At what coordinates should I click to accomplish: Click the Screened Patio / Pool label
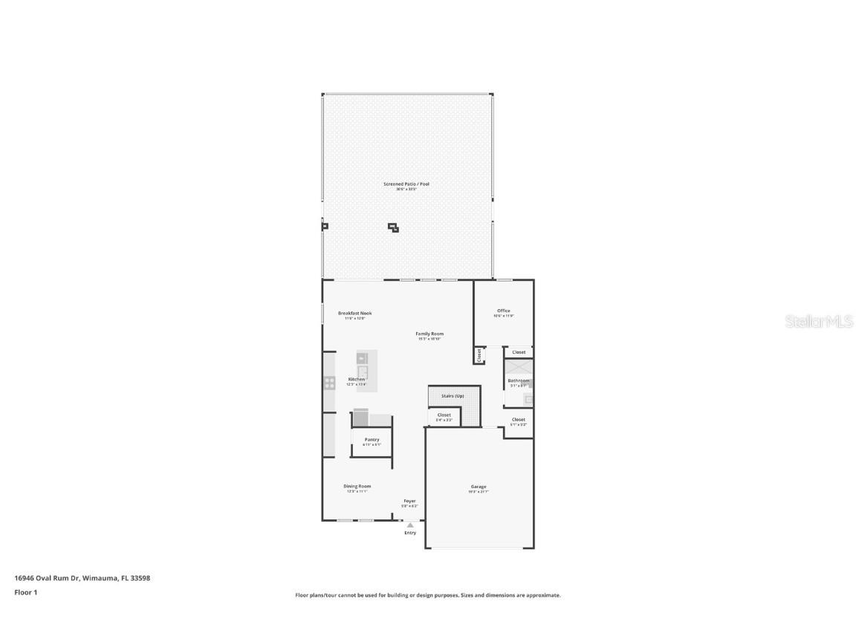[x=406, y=184]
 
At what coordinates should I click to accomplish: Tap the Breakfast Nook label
[x=354, y=314]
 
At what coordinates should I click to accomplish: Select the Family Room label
[x=429, y=334]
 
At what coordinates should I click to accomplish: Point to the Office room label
[x=504, y=311]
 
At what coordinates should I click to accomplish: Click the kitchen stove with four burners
[x=329, y=383]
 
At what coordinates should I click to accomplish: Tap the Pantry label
[x=372, y=440]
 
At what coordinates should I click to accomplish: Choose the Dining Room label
[x=357, y=486]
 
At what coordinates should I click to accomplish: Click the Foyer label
[x=409, y=501]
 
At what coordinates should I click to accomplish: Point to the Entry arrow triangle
[x=410, y=525]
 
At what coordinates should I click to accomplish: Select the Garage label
[x=479, y=487]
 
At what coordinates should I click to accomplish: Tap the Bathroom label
[x=518, y=380]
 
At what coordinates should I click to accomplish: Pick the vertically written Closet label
[x=479, y=356]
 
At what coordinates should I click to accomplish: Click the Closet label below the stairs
[x=444, y=415]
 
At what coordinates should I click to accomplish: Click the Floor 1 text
[x=25, y=592]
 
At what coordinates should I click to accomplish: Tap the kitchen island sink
[x=363, y=371]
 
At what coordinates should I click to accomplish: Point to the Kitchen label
[x=357, y=379]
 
